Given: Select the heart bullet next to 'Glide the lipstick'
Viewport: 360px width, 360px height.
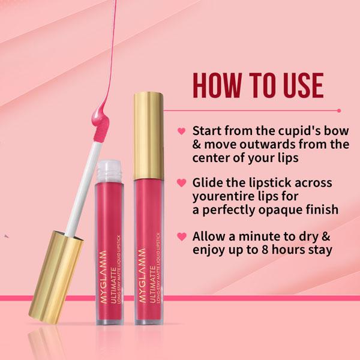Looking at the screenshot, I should [x=181, y=182].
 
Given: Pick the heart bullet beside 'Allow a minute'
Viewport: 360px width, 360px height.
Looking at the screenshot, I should [x=181, y=235].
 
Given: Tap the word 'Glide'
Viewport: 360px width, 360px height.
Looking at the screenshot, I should [x=209, y=182].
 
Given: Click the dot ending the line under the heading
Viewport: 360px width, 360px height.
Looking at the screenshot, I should [x=339, y=110].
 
